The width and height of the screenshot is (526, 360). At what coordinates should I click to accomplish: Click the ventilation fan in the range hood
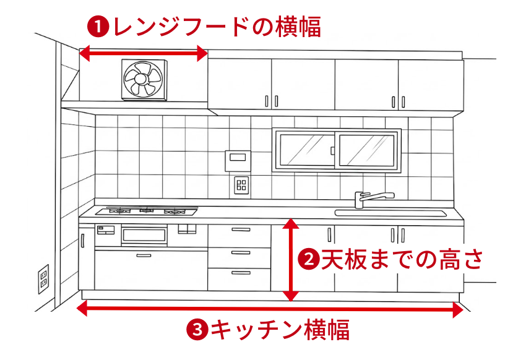coord(144,80)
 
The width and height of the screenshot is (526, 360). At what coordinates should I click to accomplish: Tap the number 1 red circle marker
coord(98,27)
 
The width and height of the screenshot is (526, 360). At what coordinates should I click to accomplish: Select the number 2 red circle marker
coord(309,259)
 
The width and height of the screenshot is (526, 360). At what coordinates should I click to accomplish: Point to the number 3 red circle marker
coord(197,329)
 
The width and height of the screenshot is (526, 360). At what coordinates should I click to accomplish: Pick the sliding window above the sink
coord(337,150)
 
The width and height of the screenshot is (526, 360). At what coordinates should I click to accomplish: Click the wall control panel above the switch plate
coord(238,161)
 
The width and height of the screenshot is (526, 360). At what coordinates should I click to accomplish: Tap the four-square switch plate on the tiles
coord(241,185)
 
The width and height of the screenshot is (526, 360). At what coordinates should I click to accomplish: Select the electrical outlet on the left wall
coord(43,279)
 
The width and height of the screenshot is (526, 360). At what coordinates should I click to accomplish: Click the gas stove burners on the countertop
coord(147,211)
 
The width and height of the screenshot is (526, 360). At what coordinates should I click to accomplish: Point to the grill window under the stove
coord(144,235)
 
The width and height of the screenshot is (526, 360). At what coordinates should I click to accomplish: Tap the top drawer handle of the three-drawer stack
coord(241,229)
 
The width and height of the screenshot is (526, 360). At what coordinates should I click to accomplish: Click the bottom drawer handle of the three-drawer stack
coord(241,273)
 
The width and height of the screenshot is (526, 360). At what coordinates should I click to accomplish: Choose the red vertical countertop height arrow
coord(290,260)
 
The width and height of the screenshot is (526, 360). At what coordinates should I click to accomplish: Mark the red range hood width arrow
coord(144,53)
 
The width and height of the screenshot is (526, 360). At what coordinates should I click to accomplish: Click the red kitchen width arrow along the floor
coord(270,309)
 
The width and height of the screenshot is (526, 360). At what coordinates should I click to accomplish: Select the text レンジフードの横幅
coord(217,27)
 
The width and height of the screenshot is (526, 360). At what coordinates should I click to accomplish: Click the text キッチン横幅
coord(280,329)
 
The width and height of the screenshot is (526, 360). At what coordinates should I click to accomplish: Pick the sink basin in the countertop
coord(391,213)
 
